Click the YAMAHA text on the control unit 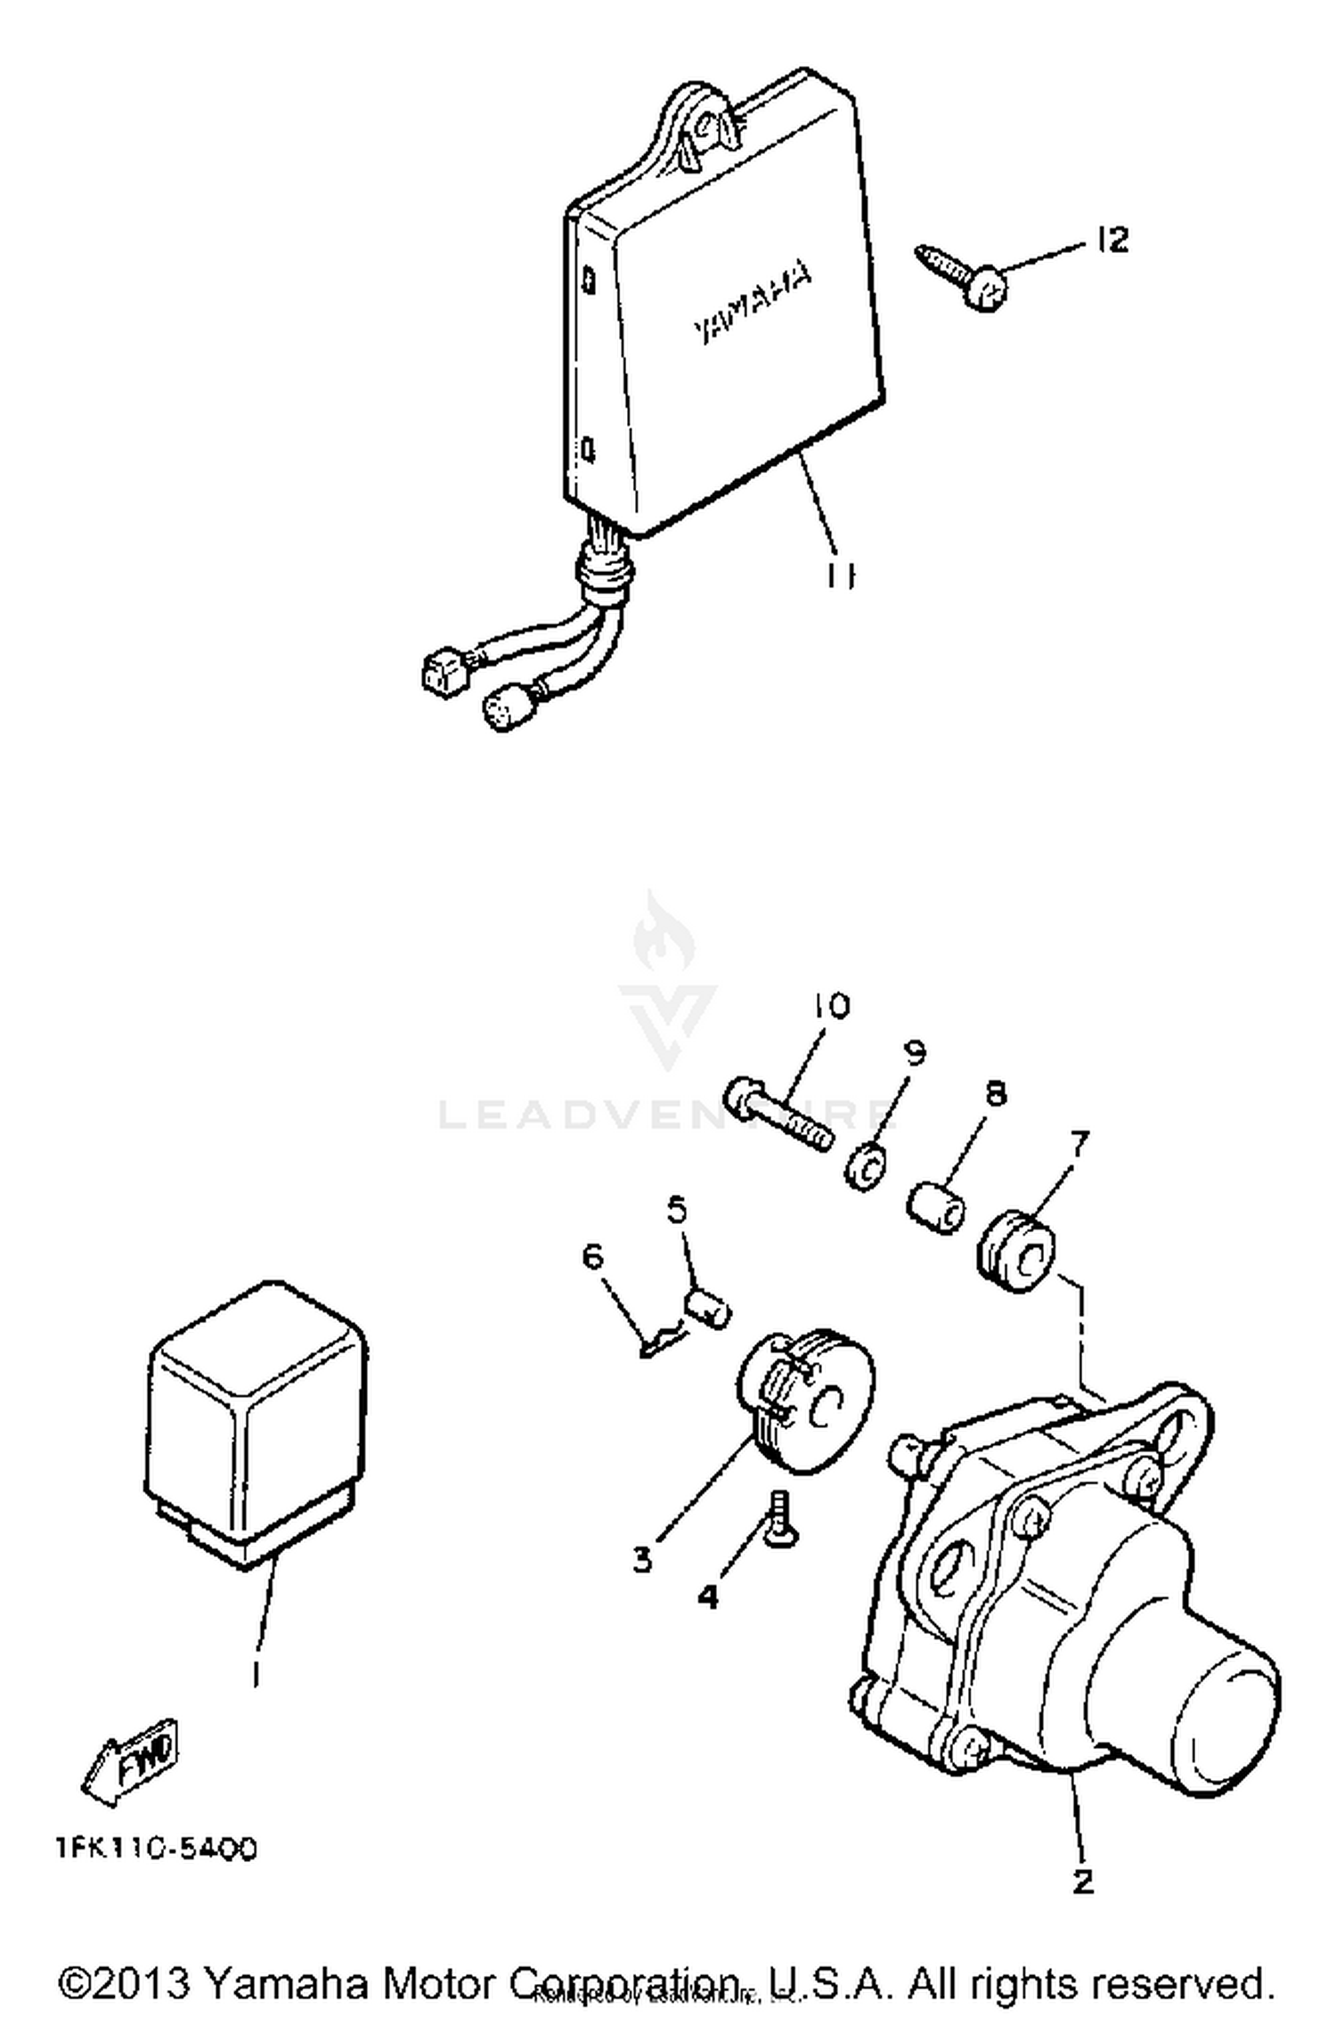point(753,303)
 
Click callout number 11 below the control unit point(838,577)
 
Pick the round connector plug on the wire point(502,711)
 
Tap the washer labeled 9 point(865,1166)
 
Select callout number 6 point(592,1257)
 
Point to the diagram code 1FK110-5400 point(158,1849)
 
